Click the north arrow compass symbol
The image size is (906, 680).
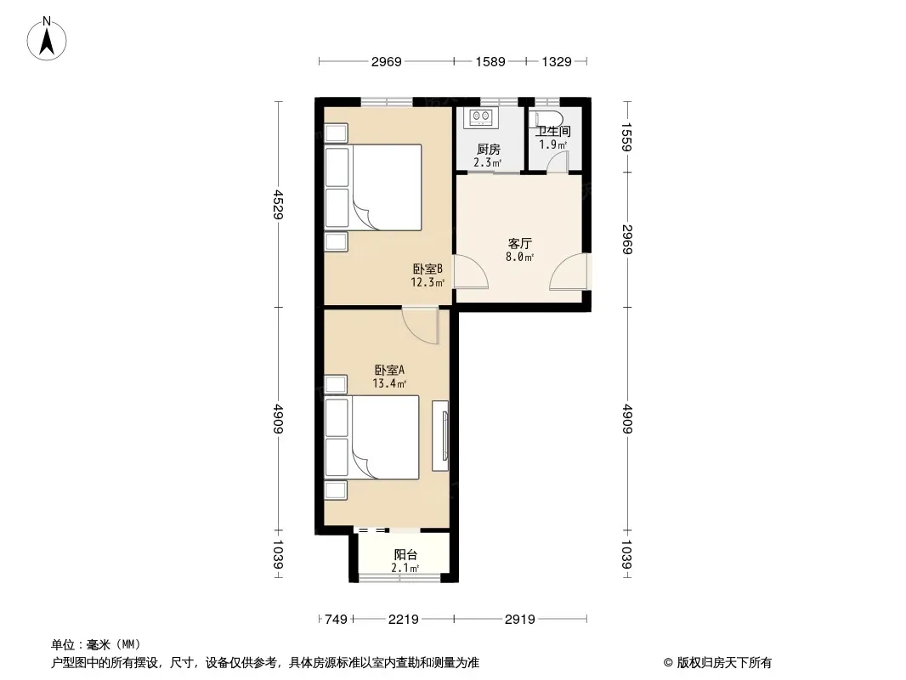click(x=47, y=39)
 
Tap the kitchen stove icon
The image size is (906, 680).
click(x=481, y=117)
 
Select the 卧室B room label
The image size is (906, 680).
click(x=428, y=269)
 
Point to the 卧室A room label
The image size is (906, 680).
click(x=389, y=370)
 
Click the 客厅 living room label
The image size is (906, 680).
click(x=519, y=244)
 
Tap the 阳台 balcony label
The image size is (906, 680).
click(x=405, y=555)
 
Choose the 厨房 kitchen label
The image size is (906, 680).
click(x=488, y=150)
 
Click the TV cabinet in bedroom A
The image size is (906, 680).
click(x=440, y=435)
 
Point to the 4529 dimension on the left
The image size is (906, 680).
click(x=279, y=204)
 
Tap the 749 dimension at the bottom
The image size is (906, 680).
click(x=336, y=620)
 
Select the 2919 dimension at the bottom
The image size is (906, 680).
click(x=520, y=620)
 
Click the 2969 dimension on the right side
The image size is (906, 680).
click(x=627, y=239)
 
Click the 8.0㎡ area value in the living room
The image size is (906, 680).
click(x=519, y=257)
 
